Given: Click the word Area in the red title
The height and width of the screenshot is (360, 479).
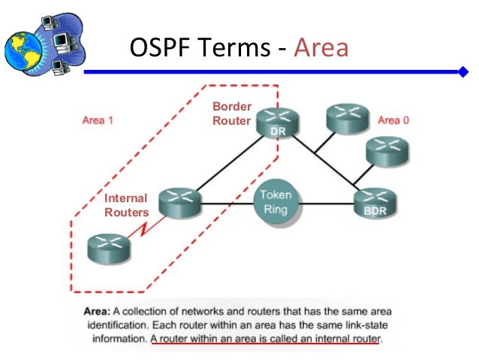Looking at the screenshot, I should tap(321, 48).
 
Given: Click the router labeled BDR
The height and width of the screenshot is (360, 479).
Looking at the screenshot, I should tap(375, 201).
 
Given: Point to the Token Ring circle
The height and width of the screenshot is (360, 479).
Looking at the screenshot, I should tap(276, 201).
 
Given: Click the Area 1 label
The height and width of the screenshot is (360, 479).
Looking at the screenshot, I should tap(98, 120).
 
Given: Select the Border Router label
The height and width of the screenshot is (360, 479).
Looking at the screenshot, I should tap(231, 113).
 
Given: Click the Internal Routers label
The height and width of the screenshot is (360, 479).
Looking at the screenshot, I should tap(126, 205).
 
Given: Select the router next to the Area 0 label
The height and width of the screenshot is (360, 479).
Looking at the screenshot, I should tap(346, 118).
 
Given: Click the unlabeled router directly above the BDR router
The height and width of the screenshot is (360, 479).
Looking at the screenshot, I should tap(387, 150).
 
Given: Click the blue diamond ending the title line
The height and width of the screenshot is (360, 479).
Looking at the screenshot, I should tap(462, 72).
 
